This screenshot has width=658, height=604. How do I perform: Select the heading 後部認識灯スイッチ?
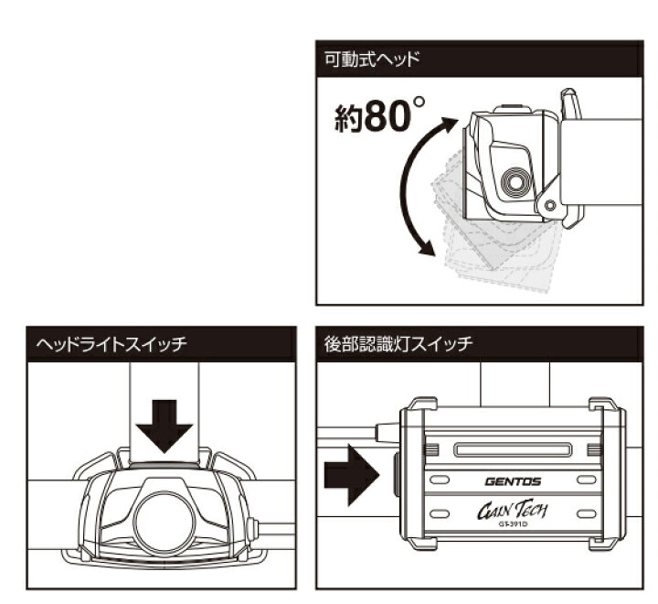click(398, 345)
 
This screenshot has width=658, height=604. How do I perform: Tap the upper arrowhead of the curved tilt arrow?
click(449, 124)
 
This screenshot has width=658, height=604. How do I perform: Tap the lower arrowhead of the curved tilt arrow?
click(423, 248)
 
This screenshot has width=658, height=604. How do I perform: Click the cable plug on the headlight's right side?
click(251, 528)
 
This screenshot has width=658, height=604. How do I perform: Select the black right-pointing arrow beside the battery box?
click(351, 476)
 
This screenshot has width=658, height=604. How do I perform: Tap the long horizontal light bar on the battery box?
click(513, 448)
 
